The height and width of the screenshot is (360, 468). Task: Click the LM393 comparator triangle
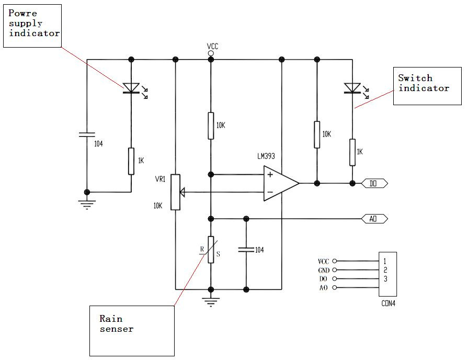[x=281, y=183]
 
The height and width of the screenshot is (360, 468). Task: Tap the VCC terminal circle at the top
[x=211, y=53]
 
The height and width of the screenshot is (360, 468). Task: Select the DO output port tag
[x=374, y=183]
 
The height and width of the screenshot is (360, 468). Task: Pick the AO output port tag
[x=374, y=219]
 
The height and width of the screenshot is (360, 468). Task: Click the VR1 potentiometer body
[x=176, y=192]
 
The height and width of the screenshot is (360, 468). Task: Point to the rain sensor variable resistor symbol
[x=211, y=250]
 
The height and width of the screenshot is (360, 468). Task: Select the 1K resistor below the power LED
[x=131, y=161]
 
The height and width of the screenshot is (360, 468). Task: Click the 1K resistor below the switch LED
[x=352, y=152]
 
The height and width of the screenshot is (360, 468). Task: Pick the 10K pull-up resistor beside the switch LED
[x=317, y=134]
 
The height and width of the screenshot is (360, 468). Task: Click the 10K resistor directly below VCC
[x=211, y=126]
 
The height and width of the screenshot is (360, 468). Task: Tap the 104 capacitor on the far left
[x=87, y=134]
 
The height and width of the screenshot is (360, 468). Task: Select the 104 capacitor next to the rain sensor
[x=246, y=250]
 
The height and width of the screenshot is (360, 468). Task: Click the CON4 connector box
[x=387, y=274]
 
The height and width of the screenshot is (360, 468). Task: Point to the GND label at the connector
[x=324, y=271]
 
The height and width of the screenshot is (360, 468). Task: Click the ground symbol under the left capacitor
[x=87, y=205]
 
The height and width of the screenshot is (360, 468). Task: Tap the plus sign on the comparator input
[x=270, y=174]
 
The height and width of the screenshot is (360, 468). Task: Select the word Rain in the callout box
[x=111, y=319]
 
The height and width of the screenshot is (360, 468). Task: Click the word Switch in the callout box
[x=415, y=78]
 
